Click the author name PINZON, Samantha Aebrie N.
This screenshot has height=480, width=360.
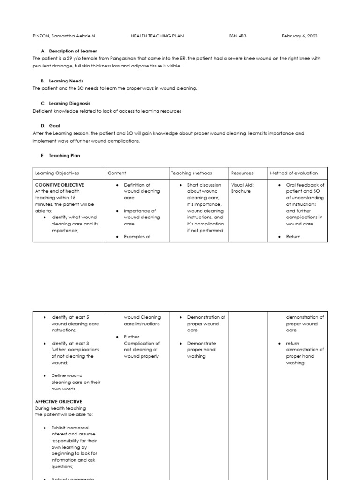[x=65, y=36]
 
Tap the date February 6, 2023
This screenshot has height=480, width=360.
[x=300, y=36]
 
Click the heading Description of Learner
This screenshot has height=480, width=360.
[x=73, y=51]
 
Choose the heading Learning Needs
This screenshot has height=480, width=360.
[x=66, y=81]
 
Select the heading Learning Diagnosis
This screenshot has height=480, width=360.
[x=69, y=103]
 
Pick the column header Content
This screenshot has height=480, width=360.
[x=117, y=173]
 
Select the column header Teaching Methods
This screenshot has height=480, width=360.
[x=191, y=173]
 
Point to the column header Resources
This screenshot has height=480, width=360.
[x=242, y=173]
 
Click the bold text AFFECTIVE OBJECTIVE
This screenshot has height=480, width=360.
[x=59, y=402]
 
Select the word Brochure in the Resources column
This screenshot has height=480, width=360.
[x=241, y=191]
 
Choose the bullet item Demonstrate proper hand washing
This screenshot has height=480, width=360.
[x=202, y=350]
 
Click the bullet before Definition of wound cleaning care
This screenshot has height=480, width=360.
[x=117, y=185]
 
